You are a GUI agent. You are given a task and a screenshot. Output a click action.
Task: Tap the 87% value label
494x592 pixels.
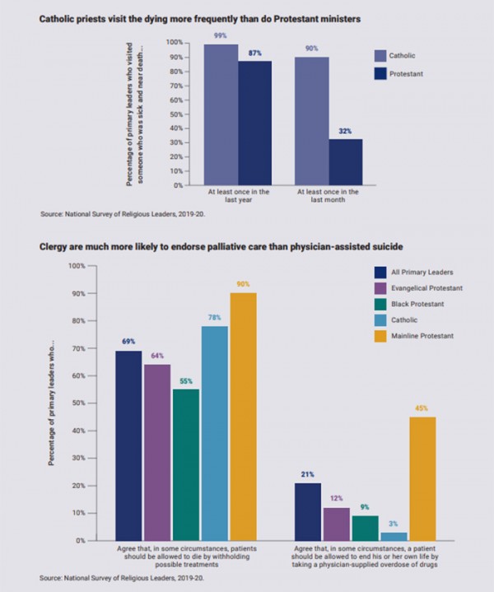click(256, 53)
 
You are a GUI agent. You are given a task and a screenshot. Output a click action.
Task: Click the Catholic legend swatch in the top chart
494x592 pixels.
click(380, 56)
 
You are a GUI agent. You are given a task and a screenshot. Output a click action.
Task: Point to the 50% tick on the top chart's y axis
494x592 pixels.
click(175, 114)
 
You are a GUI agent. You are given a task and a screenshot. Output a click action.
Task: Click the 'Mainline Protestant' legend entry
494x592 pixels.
click(415, 335)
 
